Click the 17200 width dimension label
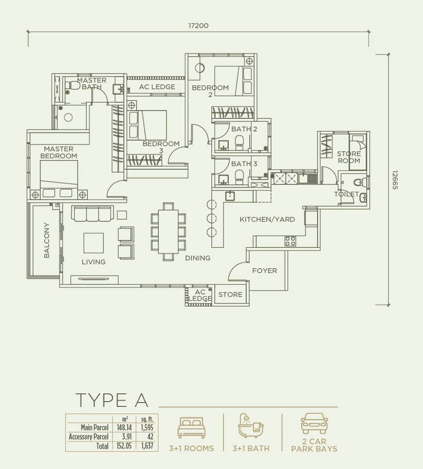(x=198, y=26)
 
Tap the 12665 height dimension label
(x=394, y=180)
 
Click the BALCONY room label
(x=47, y=240)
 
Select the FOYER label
(x=264, y=271)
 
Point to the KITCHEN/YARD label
(x=267, y=219)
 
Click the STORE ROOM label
(x=349, y=157)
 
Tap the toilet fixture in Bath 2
(x=239, y=143)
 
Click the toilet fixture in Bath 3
(x=239, y=177)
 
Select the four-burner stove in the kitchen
(x=290, y=241)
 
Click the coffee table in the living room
(x=93, y=243)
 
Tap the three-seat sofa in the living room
(x=92, y=213)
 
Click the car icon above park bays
(x=314, y=423)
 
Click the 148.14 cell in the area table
(x=124, y=427)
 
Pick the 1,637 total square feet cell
(x=147, y=446)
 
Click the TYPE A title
(x=112, y=400)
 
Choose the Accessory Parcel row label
(x=88, y=437)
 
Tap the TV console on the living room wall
(x=94, y=280)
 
